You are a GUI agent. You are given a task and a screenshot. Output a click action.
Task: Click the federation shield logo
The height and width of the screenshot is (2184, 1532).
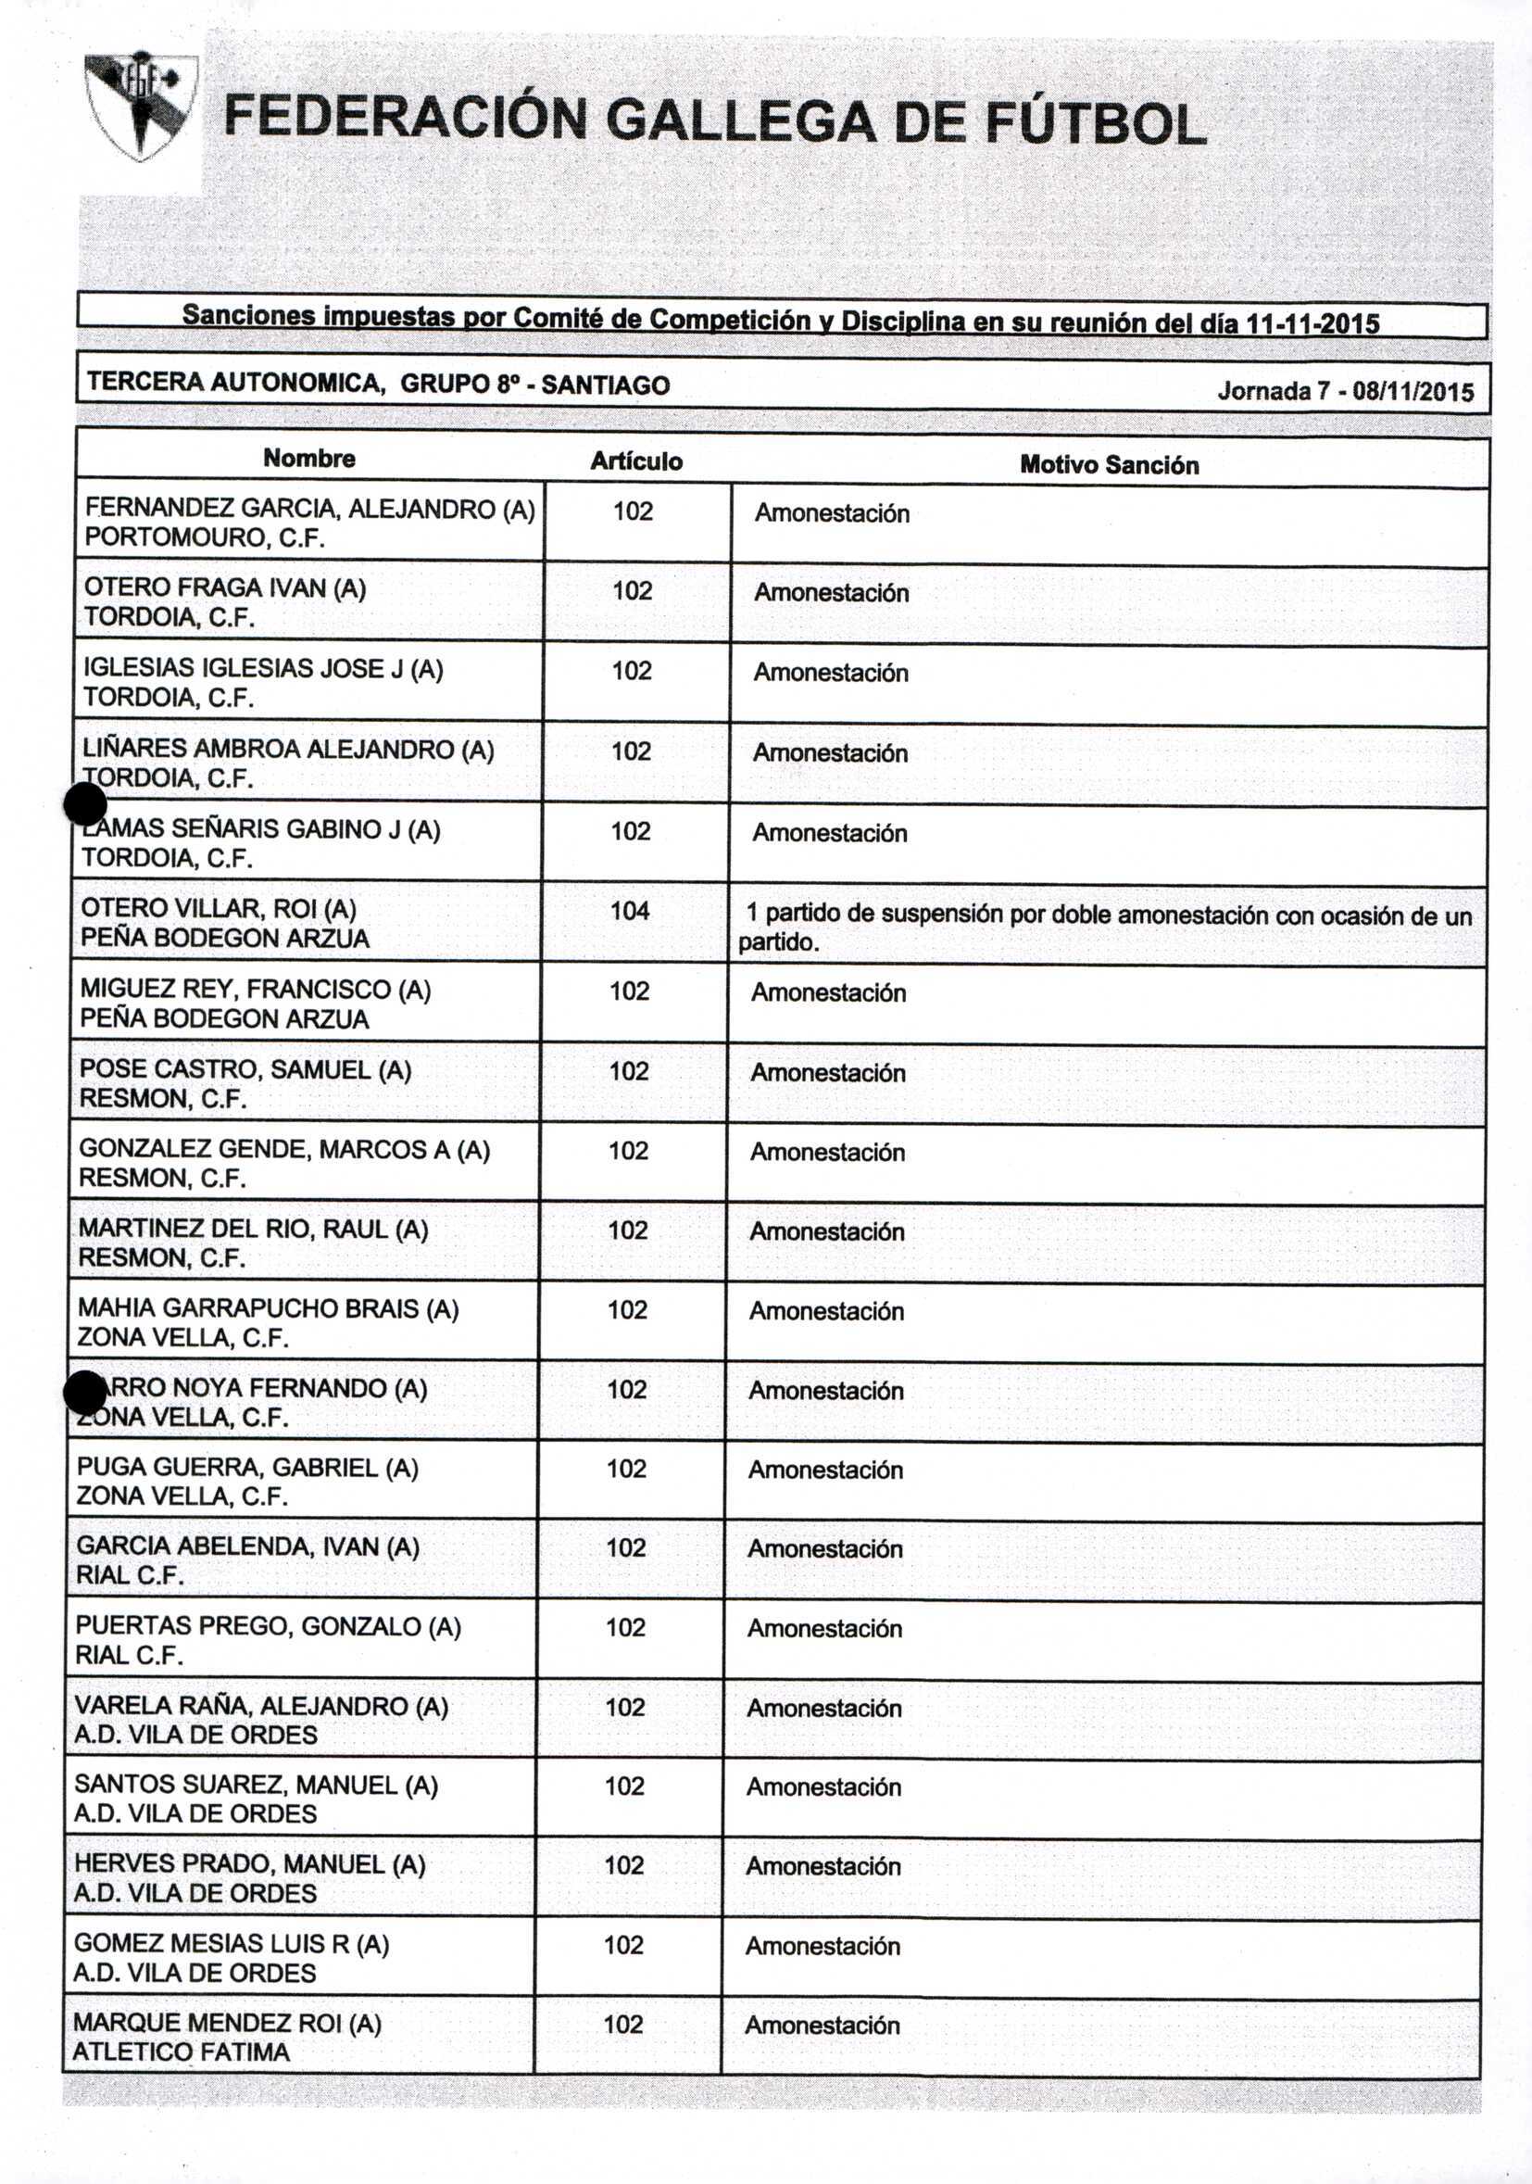[x=141, y=106]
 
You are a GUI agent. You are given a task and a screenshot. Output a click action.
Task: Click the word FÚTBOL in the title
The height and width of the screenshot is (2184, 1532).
[x=1094, y=124]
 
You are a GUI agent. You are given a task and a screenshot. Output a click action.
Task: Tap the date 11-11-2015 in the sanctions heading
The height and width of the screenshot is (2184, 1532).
[x=1312, y=323]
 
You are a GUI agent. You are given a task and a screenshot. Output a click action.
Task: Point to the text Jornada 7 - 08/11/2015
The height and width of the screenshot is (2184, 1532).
[x=1345, y=391]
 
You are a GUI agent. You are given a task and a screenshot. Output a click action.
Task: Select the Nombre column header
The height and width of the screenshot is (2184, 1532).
[x=309, y=459]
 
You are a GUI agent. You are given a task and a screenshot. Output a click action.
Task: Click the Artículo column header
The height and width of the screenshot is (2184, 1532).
[x=636, y=461]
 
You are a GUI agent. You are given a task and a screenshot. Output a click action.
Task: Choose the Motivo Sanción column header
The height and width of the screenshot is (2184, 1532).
[x=1109, y=465]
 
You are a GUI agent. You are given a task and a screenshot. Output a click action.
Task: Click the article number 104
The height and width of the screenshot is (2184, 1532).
[x=630, y=910]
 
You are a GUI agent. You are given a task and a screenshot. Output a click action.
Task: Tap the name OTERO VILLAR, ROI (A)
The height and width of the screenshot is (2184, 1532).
[x=219, y=909]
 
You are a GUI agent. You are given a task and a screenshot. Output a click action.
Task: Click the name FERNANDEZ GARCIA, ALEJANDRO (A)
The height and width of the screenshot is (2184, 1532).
[x=310, y=509]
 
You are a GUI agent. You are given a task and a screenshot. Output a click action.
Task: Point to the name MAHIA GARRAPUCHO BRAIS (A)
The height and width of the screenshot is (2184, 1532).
[x=269, y=1309]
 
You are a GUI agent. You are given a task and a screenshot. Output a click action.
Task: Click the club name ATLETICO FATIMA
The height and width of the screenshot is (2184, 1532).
[x=181, y=2051]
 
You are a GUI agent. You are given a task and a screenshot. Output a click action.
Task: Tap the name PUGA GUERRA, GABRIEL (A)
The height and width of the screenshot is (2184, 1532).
[x=247, y=1468]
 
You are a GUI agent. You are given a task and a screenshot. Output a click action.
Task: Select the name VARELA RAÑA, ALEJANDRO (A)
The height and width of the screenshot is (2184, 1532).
[x=261, y=1706]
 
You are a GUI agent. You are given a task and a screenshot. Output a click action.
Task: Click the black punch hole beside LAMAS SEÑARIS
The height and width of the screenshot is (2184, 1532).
[x=84, y=806]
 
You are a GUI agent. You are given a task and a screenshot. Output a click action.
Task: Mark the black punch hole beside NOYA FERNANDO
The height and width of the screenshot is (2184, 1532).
[x=84, y=1393]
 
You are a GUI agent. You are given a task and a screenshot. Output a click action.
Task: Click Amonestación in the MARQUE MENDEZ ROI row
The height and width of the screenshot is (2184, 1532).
[x=822, y=2026]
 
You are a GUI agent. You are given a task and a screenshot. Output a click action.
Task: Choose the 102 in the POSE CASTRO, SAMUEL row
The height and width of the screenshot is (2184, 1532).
[x=629, y=1071]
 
